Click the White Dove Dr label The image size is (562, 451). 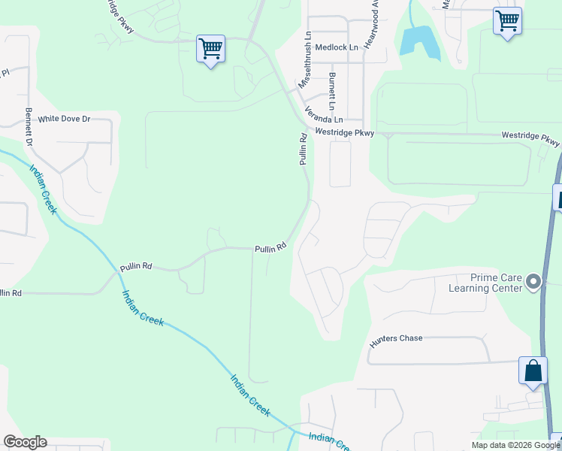[64, 119]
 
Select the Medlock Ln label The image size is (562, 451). [337, 47]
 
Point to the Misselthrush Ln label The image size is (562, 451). [305, 61]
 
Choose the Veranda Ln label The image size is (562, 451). [324, 114]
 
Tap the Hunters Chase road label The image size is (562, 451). [396, 338]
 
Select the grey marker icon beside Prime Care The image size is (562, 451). [534, 282]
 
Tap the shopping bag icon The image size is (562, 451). [533, 371]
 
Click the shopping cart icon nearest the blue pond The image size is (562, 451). [507, 20]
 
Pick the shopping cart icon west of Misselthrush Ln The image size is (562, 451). [210, 49]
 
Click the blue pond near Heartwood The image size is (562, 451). [418, 41]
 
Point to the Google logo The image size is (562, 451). [25, 442]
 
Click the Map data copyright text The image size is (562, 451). [516, 445]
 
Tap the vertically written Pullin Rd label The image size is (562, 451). [304, 149]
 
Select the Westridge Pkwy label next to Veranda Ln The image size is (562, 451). [345, 132]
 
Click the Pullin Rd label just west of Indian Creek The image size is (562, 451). [136, 266]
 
